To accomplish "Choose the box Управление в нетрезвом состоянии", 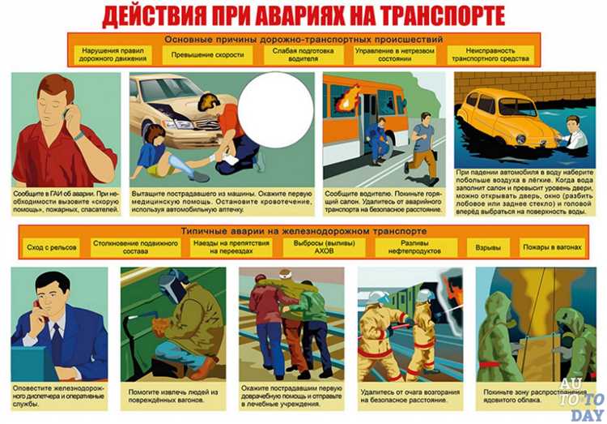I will click(x=394, y=55).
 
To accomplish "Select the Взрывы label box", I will click(x=488, y=246).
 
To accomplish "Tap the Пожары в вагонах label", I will click(x=551, y=246).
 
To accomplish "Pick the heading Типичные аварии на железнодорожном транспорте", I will click(x=303, y=231).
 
